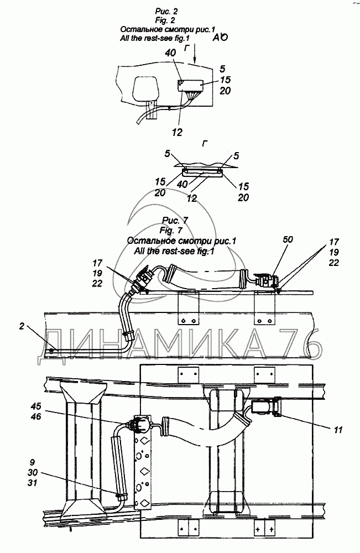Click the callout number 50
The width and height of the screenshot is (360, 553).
tap(288, 239)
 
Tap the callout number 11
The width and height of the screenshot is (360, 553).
tap(338, 430)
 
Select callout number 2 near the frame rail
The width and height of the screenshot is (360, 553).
tap(22, 326)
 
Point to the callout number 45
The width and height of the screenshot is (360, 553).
tap(35, 406)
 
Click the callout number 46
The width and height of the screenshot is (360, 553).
tap(35, 416)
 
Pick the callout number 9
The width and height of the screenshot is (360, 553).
tap(33, 462)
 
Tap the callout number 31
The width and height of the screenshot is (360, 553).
tap(33, 483)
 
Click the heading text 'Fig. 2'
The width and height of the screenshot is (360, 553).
tap(165, 20)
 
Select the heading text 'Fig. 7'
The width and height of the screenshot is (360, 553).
tap(171, 231)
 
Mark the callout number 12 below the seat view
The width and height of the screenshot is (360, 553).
tap(177, 133)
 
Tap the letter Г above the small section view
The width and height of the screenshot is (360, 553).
tap(205, 144)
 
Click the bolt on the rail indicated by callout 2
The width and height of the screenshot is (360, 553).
tap(51, 351)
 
